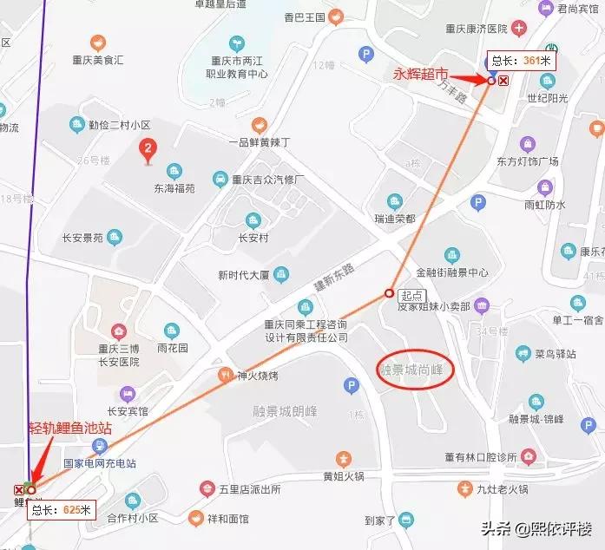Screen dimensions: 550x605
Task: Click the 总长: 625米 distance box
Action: click(62, 509)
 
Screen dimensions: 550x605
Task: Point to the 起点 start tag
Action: click(411, 295)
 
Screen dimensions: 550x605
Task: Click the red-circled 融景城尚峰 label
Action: click(411, 370)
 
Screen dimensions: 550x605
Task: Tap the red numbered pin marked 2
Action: click(148, 152)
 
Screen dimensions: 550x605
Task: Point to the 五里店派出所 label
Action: click(252, 489)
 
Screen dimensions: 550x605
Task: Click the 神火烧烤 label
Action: click(256, 376)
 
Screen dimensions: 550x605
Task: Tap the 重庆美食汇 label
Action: click(98, 60)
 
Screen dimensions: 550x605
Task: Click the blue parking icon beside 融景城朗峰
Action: click(352, 385)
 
